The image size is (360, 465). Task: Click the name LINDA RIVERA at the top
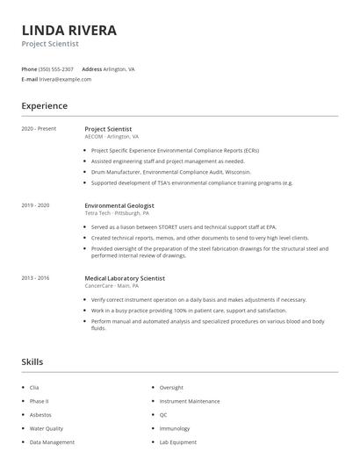click(x=69, y=31)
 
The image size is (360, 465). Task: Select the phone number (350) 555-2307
click(x=56, y=68)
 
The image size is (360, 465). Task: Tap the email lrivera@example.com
click(x=65, y=79)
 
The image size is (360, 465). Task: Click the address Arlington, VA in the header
click(x=119, y=68)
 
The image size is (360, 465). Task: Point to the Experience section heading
click(x=44, y=106)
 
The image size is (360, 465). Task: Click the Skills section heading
click(x=32, y=361)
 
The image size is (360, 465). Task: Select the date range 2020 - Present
click(x=39, y=129)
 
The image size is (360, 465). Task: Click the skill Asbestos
click(x=40, y=414)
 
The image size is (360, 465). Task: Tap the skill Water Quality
click(x=47, y=428)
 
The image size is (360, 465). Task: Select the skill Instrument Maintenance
click(x=190, y=401)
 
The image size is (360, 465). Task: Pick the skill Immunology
click(x=176, y=428)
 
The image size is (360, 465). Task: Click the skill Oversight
click(x=171, y=387)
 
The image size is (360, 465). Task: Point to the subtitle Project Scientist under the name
click(x=50, y=44)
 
